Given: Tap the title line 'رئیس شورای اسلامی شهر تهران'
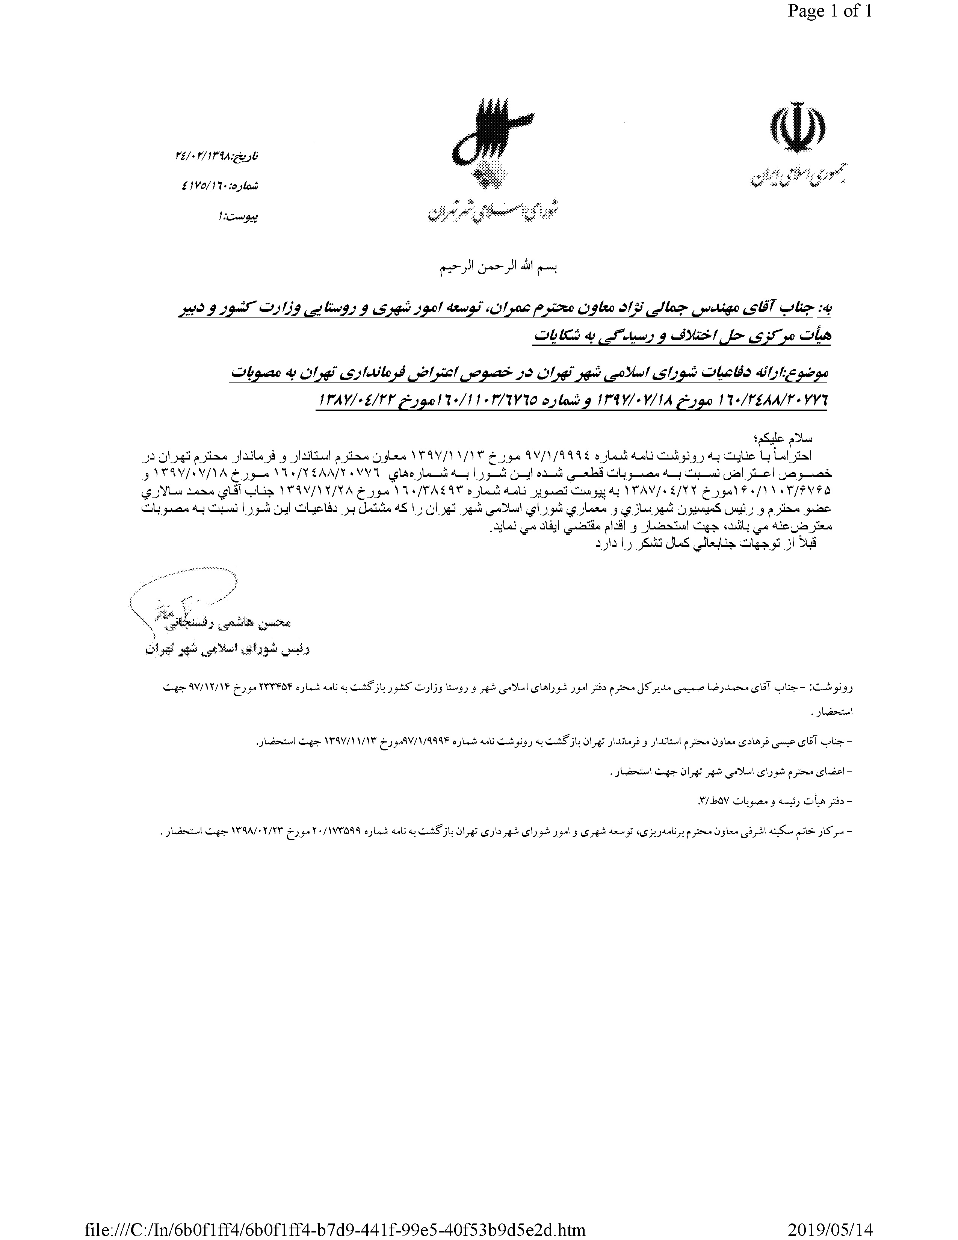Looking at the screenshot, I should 227,650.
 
